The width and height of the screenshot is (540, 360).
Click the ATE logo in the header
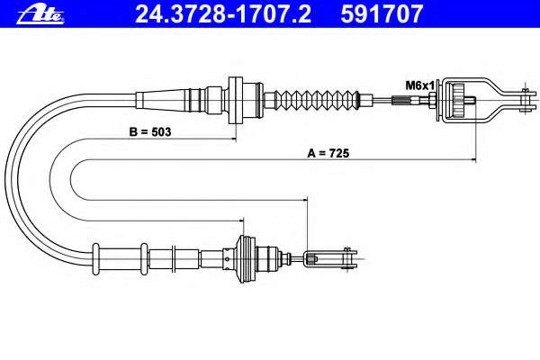[40, 15]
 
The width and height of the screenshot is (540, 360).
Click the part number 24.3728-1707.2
[223, 14]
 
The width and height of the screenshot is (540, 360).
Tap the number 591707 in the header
[382, 14]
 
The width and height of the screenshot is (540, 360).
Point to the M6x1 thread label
[419, 85]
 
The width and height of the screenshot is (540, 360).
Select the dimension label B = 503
[150, 132]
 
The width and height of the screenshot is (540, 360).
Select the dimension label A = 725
[328, 153]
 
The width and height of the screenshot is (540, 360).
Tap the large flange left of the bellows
[236, 100]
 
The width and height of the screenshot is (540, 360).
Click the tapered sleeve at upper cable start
[162, 100]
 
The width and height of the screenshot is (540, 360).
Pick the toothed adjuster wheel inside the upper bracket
[459, 100]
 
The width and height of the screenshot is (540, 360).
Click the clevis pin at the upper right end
[525, 100]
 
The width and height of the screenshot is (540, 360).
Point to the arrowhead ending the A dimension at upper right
[473, 160]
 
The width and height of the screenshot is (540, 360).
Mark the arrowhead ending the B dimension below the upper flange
[233, 139]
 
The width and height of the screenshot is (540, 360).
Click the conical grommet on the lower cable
[247, 259]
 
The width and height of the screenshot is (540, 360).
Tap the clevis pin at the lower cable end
[346, 258]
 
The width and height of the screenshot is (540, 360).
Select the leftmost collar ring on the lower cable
[95, 258]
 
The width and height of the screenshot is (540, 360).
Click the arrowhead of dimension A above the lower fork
[304, 200]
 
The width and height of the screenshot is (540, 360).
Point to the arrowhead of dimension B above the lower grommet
[240, 220]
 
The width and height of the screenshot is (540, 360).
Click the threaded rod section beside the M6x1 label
[406, 100]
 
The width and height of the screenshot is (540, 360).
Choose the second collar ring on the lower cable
[144, 258]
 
